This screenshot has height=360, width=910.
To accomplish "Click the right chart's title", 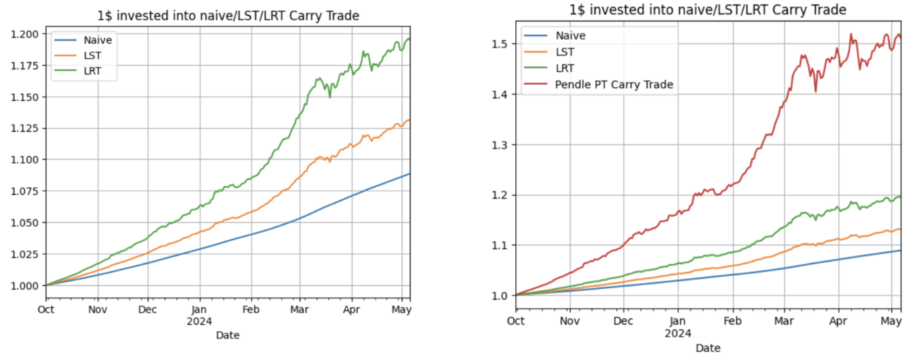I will (708, 9).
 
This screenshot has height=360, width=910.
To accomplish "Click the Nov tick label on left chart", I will (97, 309).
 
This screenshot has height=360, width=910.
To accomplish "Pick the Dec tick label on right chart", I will (623, 320).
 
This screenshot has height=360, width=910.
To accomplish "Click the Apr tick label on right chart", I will (837, 320).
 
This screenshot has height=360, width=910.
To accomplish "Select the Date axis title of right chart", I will (708, 348).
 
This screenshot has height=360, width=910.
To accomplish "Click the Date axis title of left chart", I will (228, 335).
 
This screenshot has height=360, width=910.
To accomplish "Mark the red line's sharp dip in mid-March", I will (815, 91).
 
